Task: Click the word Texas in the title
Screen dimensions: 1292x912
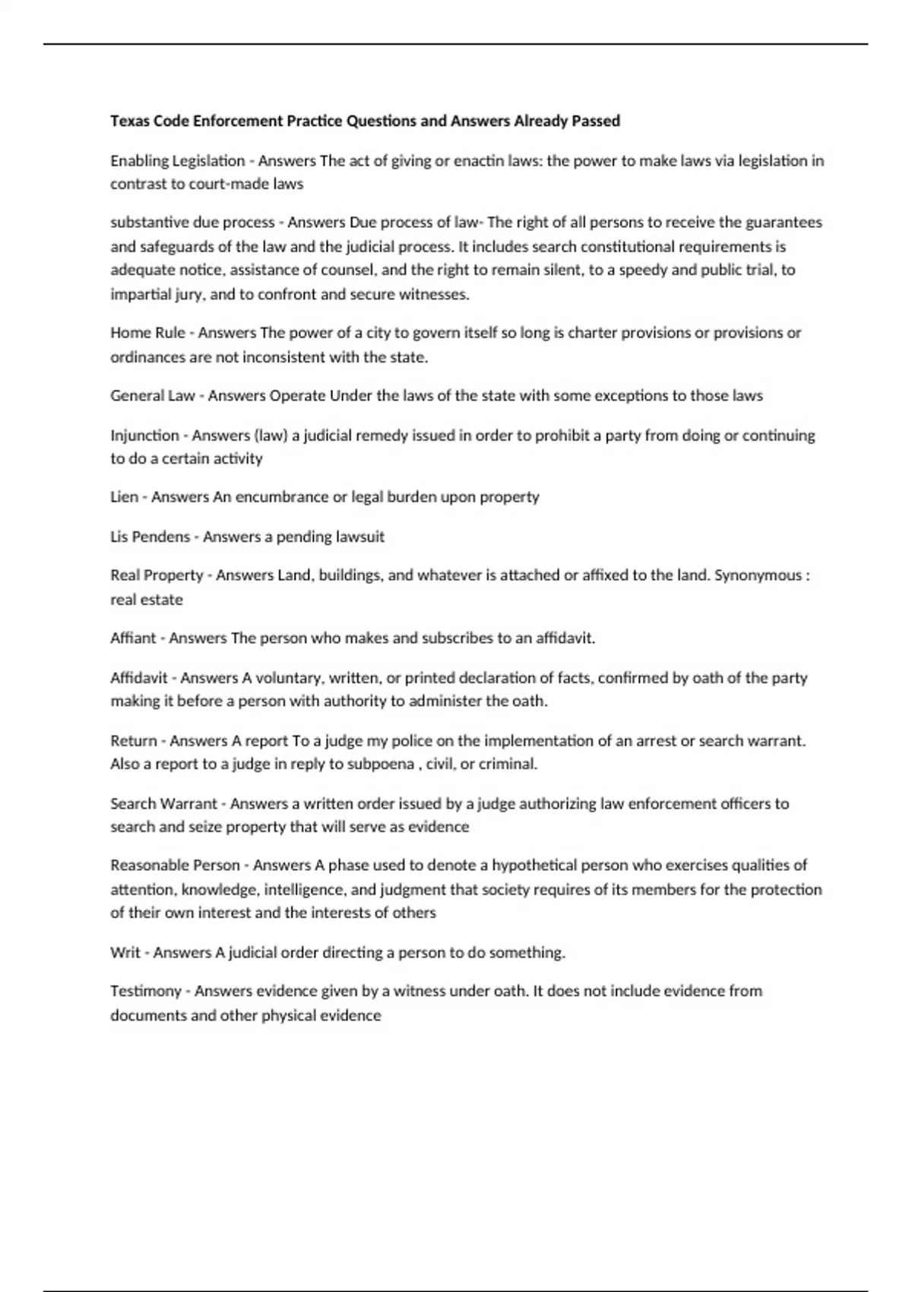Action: (x=129, y=121)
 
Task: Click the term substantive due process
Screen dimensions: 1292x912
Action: (x=192, y=223)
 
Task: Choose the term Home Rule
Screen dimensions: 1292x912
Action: (x=147, y=333)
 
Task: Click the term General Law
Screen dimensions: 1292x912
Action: (x=152, y=396)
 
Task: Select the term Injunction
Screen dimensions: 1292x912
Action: (x=144, y=435)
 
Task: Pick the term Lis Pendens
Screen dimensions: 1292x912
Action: (x=150, y=537)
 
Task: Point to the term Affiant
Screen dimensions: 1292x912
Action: (x=133, y=638)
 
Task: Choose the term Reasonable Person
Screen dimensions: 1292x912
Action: (x=175, y=866)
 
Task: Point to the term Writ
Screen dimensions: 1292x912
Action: (x=125, y=953)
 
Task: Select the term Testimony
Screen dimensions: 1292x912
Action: (x=146, y=992)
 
